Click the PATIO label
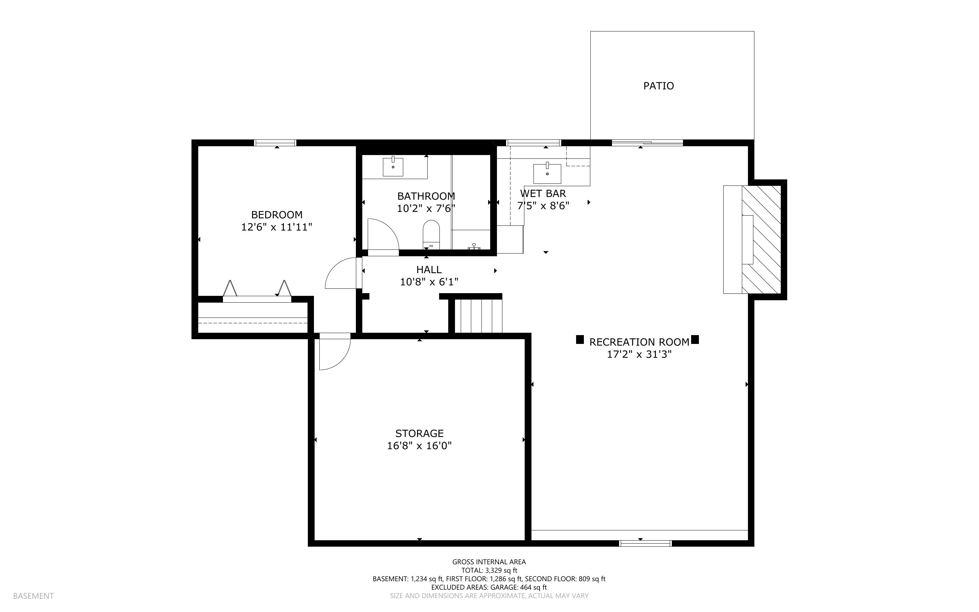[x=658, y=86]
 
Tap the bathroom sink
[x=393, y=167]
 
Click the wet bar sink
[x=547, y=173]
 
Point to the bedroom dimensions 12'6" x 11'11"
[x=277, y=227]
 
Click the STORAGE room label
[x=419, y=434]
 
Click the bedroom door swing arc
[x=341, y=273]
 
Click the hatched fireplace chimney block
[x=761, y=239]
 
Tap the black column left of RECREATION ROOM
[x=580, y=340]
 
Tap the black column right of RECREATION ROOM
[x=695, y=340]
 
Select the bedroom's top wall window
[x=275, y=143]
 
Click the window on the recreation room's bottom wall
[x=645, y=543]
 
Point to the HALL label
[x=429, y=269]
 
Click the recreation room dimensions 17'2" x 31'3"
[x=639, y=354]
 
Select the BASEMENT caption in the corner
[x=33, y=596]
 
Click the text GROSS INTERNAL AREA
[x=489, y=562]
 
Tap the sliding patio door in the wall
[x=647, y=143]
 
